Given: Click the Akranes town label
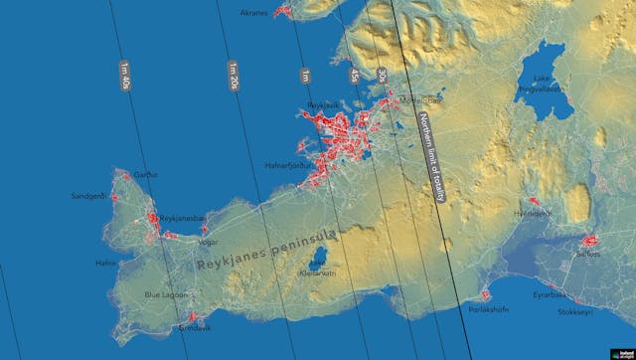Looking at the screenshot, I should pos(254,13).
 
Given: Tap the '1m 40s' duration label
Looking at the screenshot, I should pos(125,76).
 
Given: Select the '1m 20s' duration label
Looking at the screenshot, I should pos(235,75).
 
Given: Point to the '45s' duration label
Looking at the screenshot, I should pos(354,76).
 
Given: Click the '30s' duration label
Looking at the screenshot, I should pos(383,76).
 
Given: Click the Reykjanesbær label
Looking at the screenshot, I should pos(184,217).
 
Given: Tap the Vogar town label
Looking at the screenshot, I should pos(208,242).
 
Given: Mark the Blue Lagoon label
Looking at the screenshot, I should pos(165,294).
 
